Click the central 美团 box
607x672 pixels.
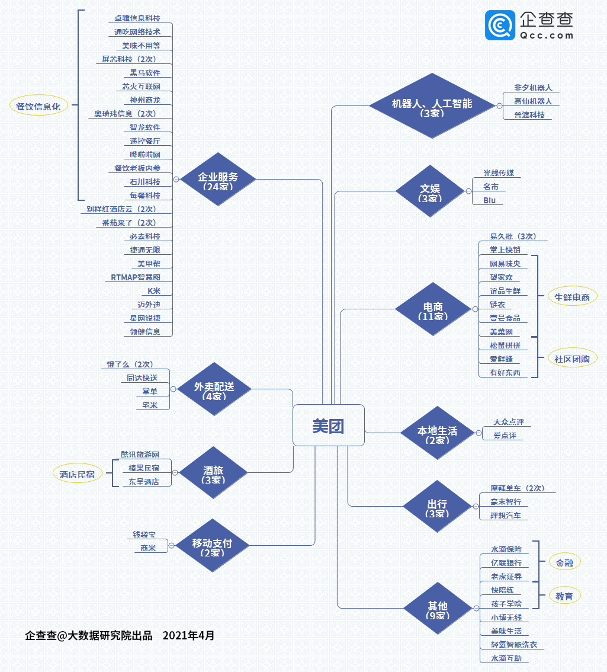tap(329, 425)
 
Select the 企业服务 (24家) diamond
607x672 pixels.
tap(218, 179)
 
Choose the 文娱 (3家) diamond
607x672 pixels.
tap(430, 191)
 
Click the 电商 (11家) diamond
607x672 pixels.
tap(433, 309)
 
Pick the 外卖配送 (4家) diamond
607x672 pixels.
tap(214, 389)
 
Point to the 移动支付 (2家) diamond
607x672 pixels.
tap(212, 545)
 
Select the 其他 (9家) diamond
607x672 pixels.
tap(438, 608)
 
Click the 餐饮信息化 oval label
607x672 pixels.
tap(38, 106)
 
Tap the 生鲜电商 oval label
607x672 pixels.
tap(572, 297)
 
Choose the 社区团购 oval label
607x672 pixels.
tap(572, 359)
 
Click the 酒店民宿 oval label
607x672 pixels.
tap(77, 473)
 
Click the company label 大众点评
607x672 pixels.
tap(509, 422)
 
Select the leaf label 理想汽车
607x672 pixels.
tap(506, 516)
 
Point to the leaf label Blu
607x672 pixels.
tap(489, 200)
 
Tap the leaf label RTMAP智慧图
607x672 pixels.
tap(136, 277)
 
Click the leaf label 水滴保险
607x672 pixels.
tap(506, 549)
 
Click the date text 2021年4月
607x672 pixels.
tap(188, 636)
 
